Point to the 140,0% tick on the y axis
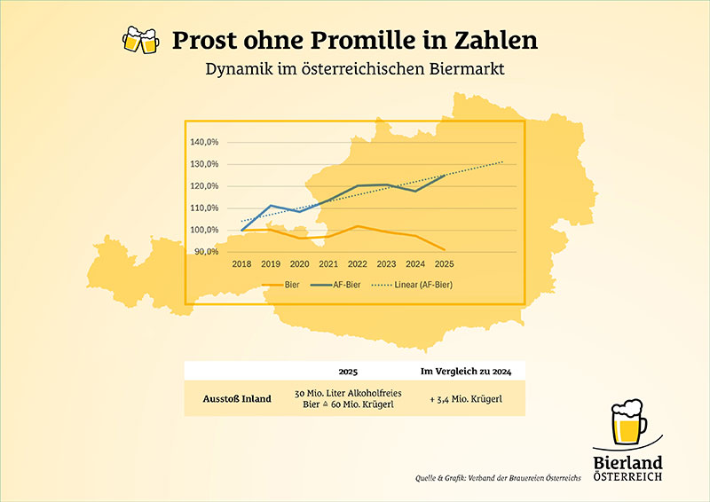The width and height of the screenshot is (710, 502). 204,142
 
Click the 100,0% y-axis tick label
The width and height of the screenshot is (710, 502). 204,230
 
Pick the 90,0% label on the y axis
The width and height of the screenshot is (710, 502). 206,252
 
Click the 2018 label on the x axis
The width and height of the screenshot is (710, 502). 241,263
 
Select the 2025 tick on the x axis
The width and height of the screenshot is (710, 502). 444,263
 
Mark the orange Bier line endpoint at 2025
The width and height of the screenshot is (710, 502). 444,249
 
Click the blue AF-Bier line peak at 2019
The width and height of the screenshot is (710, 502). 271,206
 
